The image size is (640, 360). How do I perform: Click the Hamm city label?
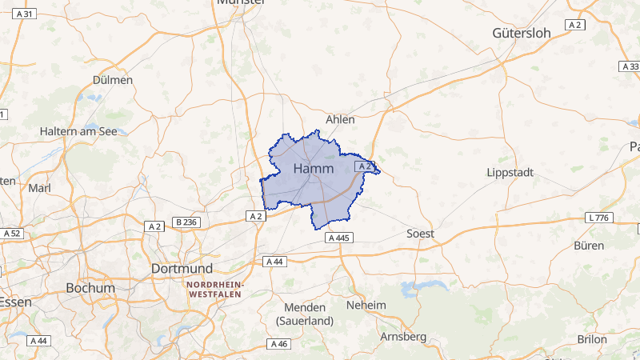314,169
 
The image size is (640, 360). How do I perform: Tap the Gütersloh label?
522,33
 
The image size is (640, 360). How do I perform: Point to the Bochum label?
90,288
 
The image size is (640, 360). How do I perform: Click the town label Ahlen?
340,119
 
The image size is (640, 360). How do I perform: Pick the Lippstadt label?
510,173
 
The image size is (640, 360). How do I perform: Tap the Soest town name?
421,234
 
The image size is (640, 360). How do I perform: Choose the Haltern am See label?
79,131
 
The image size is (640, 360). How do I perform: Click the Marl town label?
39,189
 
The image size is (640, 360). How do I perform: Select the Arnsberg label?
403,337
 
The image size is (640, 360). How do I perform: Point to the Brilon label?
592,339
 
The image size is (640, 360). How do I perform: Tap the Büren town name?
590,246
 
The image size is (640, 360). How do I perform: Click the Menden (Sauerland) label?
305,314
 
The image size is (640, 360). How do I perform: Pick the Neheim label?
366,305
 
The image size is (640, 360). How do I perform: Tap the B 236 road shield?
185,222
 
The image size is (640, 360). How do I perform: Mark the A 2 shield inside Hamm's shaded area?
364,166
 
